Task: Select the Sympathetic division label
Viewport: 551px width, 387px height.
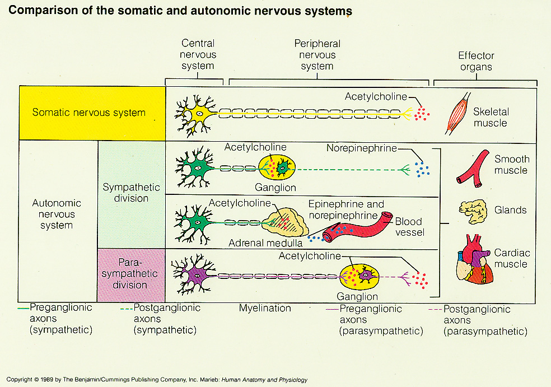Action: coord(131,193)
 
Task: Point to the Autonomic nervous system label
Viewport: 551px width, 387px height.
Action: coord(57,214)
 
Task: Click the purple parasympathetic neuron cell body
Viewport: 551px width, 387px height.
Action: coord(196,275)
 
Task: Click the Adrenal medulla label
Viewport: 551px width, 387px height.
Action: coord(265,243)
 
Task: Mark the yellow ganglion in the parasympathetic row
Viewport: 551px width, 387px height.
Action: coord(360,275)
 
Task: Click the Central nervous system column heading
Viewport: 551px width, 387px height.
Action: coord(198,54)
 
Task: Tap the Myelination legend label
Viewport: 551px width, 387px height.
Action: coord(265,308)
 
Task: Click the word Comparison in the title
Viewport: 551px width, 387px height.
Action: coord(40,11)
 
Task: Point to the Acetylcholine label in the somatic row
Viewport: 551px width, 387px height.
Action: coord(376,96)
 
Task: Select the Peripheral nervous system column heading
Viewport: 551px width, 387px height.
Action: coord(317,54)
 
